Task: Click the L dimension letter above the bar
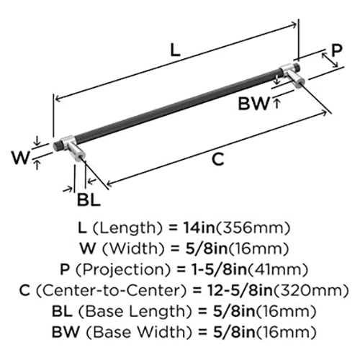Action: pyautogui.click(x=175, y=50)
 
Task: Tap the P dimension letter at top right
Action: pyautogui.click(x=337, y=50)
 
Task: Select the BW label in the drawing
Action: pyautogui.click(x=253, y=104)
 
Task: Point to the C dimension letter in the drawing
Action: pyautogui.click(x=218, y=159)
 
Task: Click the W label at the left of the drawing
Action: pyautogui.click(x=21, y=158)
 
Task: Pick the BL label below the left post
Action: pyautogui.click(x=89, y=200)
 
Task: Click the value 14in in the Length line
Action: pyautogui.click(x=199, y=228)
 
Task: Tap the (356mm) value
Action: pyautogui.click(x=253, y=228)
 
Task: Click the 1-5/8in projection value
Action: pyautogui.click(x=219, y=269)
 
